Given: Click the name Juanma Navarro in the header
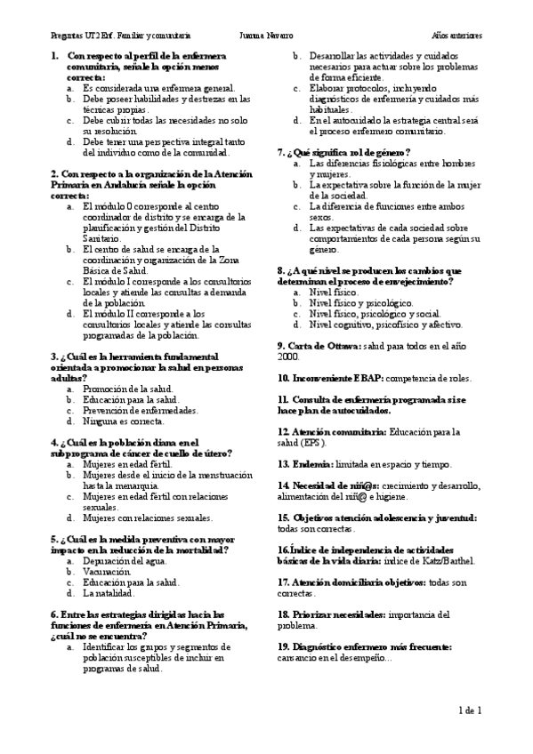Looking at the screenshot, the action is pos(266,36).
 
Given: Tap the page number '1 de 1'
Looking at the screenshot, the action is pos(469,710).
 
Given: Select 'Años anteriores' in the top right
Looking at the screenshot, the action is pos(457,36).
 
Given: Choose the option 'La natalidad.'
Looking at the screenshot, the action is pos(109,592).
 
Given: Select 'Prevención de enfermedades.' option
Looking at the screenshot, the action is pos(140,411).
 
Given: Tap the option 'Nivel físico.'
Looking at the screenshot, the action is pos(334,292).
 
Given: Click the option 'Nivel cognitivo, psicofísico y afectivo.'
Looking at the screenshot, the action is pos(385,325).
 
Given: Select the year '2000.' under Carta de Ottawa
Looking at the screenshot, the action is pos(287,356).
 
